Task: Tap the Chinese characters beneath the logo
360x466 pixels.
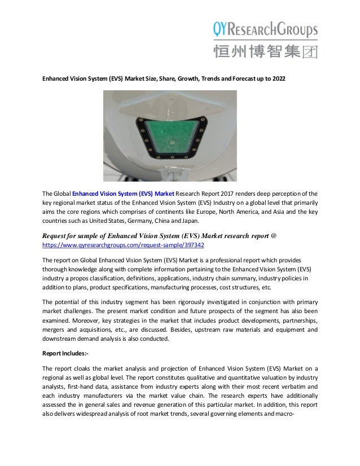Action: pos(265,52)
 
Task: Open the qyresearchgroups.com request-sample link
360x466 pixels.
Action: pos(124,245)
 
